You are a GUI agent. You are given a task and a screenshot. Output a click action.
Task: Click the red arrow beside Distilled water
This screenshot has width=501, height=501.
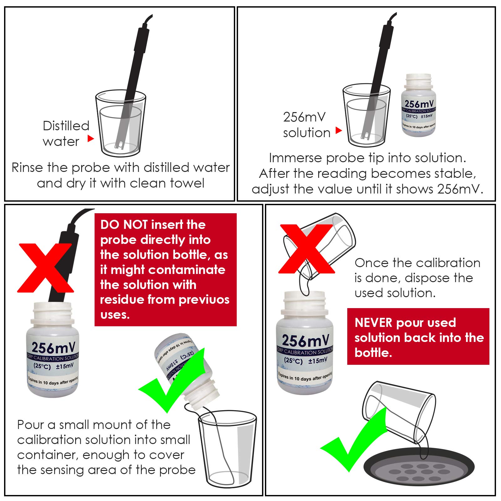point(90,138)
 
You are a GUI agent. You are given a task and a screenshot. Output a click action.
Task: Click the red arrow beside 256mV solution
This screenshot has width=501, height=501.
point(338,130)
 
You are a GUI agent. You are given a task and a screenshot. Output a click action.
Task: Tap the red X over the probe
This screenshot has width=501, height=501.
point(45,268)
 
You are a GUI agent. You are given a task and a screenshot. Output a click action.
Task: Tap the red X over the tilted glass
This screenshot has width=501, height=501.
point(306,249)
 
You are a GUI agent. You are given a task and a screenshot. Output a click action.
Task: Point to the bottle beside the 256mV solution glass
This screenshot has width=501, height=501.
point(419,105)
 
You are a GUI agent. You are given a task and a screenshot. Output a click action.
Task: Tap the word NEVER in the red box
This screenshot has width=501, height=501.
point(373,323)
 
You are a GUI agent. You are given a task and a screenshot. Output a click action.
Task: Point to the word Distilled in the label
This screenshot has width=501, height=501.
point(66,126)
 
